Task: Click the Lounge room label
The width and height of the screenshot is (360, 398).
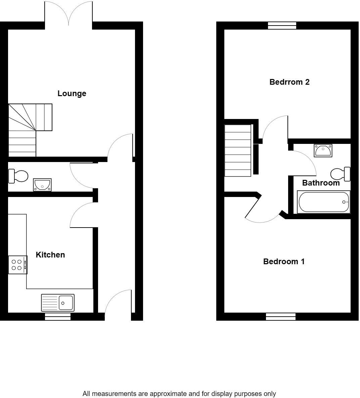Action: (x=72, y=93)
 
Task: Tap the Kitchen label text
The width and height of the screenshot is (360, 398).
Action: (x=50, y=255)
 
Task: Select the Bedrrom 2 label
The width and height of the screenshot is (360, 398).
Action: (x=289, y=82)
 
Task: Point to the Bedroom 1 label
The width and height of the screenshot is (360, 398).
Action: (x=284, y=262)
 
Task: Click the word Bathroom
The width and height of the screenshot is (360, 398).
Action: (x=321, y=183)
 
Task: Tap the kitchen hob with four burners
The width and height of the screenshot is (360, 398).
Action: (x=17, y=265)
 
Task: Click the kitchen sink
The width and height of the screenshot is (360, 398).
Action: (x=58, y=303)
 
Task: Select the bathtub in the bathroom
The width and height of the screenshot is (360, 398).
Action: (x=323, y=202)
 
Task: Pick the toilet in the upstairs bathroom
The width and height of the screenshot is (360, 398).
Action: (x=341, y=174)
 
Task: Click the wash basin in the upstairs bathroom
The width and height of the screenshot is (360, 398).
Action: (x=323, y=150)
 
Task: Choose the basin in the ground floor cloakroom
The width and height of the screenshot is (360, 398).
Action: (x=42, y=185)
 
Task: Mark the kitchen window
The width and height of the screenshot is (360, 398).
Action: (x=58, y=316)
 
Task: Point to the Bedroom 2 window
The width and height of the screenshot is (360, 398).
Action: (x=282, y=26)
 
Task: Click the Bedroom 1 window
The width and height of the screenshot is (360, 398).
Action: (x=281, y=316)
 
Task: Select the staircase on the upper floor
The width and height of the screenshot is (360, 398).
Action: (x=238, y=151)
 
